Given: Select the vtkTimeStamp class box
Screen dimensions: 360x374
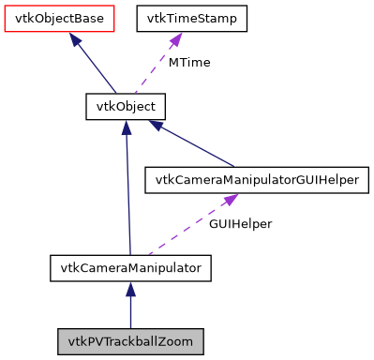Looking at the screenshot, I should pyautogui.click(x=192, y=18).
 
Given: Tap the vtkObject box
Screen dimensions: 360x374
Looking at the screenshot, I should pyautogui.click(x=126, y=106).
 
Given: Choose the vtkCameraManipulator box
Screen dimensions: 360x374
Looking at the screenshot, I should pyautogui.click(x=130, y=268).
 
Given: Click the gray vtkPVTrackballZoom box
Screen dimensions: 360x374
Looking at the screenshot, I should pyautogui.click(x=130, y=341).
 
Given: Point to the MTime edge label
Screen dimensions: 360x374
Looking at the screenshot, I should pyautogui.click(x=187, y=63).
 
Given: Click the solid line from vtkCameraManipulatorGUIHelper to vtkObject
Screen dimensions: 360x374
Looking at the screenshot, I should pyautogui.click(x=202, y=145).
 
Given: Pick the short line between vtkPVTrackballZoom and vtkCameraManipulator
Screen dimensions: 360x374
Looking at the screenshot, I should pyautogui.click(x=130, y=309).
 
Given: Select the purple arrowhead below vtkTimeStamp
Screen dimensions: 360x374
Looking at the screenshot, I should pyautogui.click(x=175, y=39).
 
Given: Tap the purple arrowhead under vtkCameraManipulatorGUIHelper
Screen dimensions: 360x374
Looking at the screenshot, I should pyautogui.click(x=228, y=200).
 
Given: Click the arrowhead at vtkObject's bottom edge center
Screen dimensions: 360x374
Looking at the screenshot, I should pyautogui.click(x=126, y=127).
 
